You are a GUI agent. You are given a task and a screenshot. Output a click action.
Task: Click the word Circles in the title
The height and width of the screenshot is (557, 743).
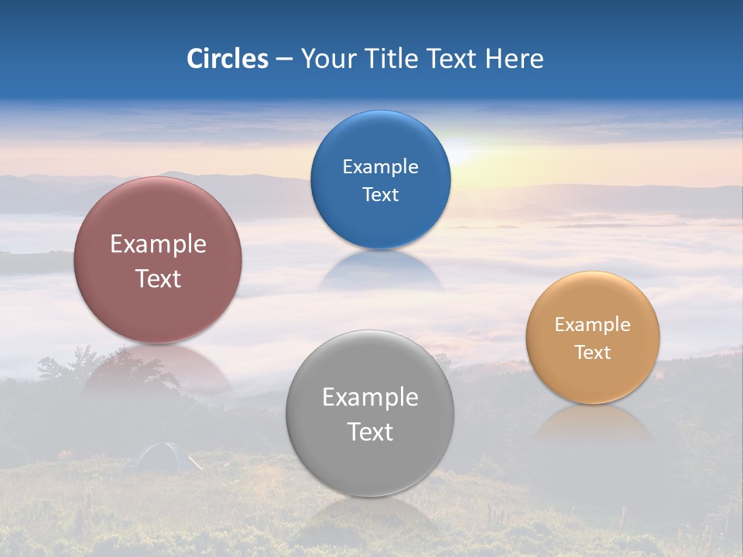click(227, 59)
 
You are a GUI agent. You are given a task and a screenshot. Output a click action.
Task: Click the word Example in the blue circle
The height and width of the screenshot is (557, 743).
click(380, 166)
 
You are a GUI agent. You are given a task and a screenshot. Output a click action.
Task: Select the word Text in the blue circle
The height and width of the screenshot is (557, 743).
click(380, 194)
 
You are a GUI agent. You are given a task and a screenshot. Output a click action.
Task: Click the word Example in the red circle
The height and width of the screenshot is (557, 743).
click(158, 244)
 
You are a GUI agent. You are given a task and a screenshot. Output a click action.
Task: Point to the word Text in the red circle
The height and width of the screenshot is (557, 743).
click(158, 278)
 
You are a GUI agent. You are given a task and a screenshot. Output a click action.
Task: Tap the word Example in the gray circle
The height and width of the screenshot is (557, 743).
click(370, 397)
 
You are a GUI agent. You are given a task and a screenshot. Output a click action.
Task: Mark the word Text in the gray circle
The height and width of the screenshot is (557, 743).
click(370, 432)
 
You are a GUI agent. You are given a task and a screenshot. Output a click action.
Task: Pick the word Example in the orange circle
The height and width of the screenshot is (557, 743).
click(593, 324)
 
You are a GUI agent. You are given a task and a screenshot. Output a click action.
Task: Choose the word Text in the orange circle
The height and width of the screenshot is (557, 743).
click(593, 352)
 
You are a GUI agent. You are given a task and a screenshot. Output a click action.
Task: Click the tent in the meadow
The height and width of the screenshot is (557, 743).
click(159, 456)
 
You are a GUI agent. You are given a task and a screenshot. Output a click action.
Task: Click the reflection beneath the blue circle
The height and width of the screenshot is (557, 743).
click(380, 271)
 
